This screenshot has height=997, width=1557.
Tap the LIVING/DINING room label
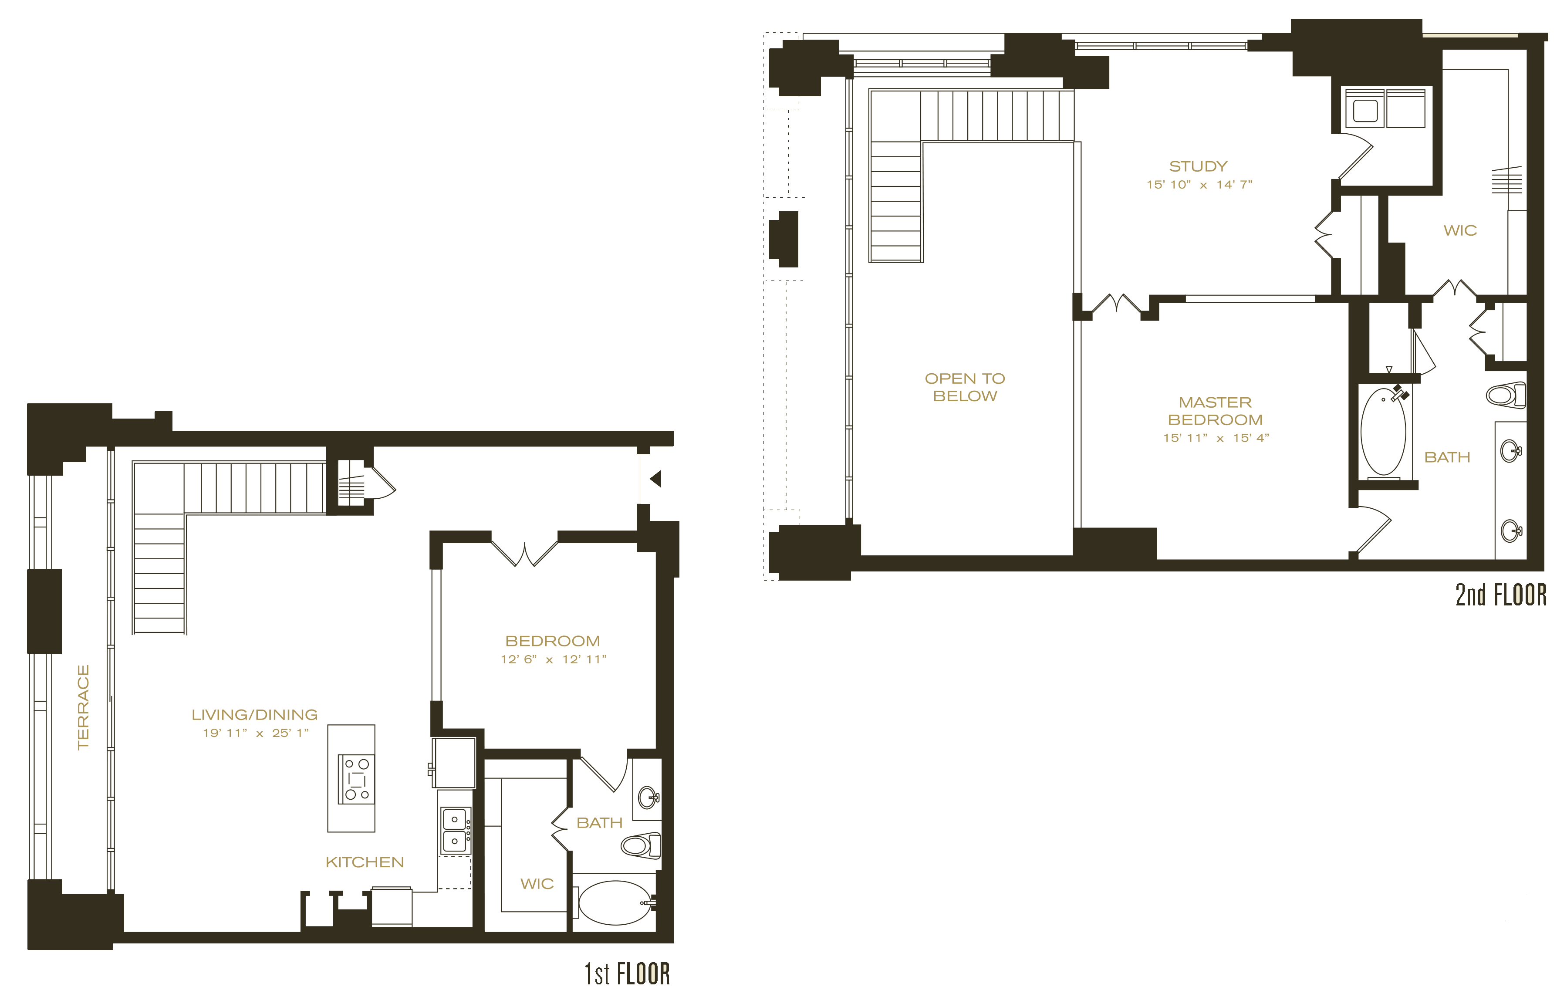point(254,715)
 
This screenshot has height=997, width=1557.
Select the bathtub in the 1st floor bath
point(615,902)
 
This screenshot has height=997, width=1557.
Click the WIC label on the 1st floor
point(537,884)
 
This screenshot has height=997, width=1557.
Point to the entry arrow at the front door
point(655,479)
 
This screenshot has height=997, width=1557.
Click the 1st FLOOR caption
point(627,973)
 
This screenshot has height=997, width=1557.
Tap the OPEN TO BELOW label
point(965,387)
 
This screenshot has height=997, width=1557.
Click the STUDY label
point(1198,166)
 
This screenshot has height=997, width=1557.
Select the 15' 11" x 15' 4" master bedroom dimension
point(1216,438)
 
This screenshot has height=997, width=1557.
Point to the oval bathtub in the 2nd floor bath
point(1384,432)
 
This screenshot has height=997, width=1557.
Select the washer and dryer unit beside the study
point(1385,108)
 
